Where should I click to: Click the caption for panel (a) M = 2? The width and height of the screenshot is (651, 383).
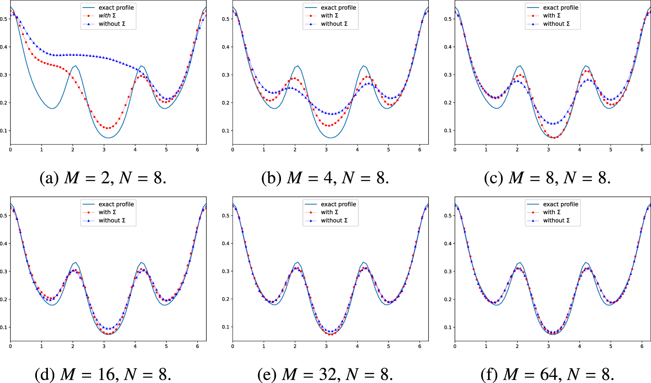click(103, 178)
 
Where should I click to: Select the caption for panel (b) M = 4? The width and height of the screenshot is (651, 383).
click(325, 178)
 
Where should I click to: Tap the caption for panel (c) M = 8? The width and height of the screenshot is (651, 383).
click(547, 178)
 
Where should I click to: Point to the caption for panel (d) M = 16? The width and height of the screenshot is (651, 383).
click(103, 374)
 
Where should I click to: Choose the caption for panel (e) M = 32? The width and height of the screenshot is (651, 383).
click(325, 374)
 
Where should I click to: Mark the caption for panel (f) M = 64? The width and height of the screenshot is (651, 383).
click(547, 374)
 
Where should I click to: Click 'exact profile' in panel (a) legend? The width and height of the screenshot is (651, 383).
click(116, 8)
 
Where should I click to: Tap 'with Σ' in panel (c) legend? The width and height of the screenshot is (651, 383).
click(551, 16)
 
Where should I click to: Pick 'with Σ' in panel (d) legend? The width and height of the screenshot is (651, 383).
click(107, 212)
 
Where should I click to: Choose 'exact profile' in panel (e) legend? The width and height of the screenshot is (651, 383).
click(339, 204)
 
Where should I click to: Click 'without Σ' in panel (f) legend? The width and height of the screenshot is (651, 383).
click(556, 220)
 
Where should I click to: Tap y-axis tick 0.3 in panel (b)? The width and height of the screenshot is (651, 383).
click(226, 75)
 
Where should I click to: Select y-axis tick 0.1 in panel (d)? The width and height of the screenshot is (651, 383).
click(3, 327)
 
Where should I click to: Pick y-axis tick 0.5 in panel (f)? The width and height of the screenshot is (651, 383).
click(448, 216)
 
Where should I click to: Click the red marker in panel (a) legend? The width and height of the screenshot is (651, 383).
click(89, 16)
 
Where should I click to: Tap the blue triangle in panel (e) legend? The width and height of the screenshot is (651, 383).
click(311, 220)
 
